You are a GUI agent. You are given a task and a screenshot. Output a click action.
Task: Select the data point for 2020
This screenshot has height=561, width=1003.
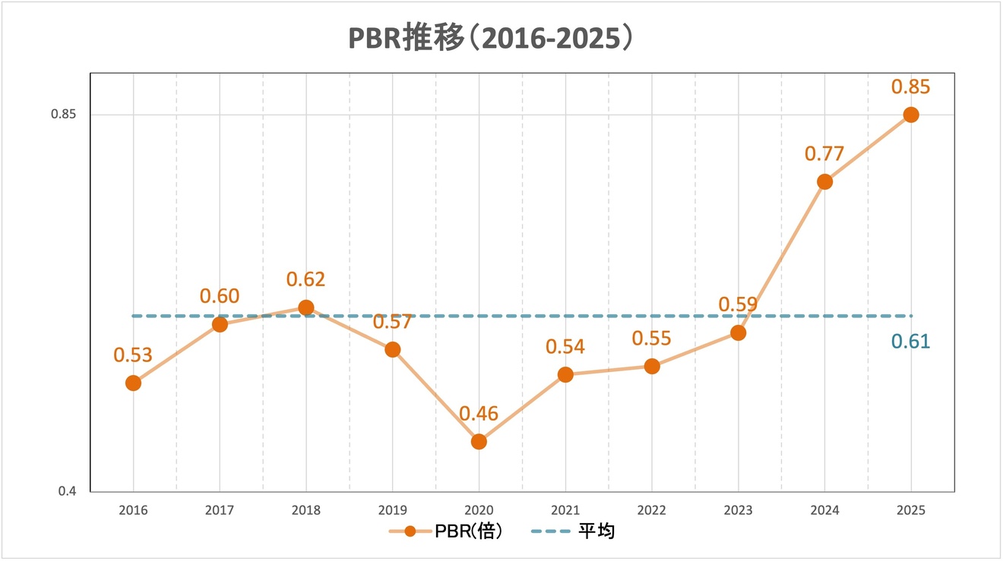[x=479, y=441]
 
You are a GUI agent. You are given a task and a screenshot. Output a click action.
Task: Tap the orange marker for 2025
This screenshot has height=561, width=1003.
[x=910, y=115]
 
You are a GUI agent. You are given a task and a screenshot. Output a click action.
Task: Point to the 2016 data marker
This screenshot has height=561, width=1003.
[x=133, y=383]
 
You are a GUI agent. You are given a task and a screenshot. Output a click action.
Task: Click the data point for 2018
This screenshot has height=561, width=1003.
[x=306, y=307]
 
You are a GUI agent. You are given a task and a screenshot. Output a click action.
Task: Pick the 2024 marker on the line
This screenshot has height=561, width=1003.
[x=824, y=181]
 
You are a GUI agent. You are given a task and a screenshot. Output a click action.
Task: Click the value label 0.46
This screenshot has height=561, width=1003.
[x=479, y=414]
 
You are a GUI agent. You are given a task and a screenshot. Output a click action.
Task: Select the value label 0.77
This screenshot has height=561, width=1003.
[x=824, y=154]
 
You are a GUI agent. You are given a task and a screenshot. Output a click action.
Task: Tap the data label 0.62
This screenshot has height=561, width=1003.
[x=306, y=279]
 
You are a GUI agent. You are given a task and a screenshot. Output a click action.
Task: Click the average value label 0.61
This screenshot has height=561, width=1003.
[x=910, y=342]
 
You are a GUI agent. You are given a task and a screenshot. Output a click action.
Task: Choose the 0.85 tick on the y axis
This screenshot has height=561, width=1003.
[x=64, y=115]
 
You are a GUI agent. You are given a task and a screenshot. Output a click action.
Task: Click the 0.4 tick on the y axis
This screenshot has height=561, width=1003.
[x=68, y=492]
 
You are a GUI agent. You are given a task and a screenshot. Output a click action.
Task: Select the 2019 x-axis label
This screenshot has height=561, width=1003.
[x=392, y=511]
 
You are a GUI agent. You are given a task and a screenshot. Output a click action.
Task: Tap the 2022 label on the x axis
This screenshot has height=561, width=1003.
[x=652, y=511]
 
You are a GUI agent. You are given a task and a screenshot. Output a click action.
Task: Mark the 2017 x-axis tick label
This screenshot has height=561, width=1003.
[x=220, y=511]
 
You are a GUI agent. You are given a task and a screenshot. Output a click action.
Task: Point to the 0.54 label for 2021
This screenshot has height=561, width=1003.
[x=565, y=348]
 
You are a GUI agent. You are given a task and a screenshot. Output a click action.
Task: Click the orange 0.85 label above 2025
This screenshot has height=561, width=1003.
[x=910, y=87]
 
